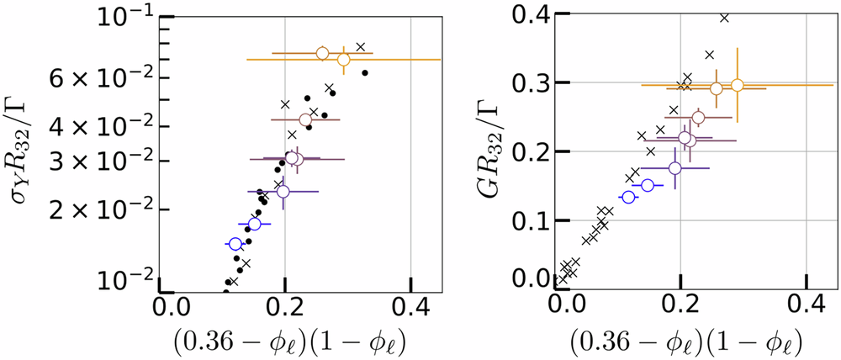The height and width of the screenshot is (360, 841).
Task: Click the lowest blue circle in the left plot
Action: [x=235, y=244]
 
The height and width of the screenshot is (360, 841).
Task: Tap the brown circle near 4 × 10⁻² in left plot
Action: [x=305, y=120]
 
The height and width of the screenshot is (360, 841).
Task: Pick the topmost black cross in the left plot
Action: [x=361, y=47]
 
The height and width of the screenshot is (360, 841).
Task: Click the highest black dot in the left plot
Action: [x=365, y=72]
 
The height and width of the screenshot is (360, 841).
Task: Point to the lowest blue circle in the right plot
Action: [x=628, y=197]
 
